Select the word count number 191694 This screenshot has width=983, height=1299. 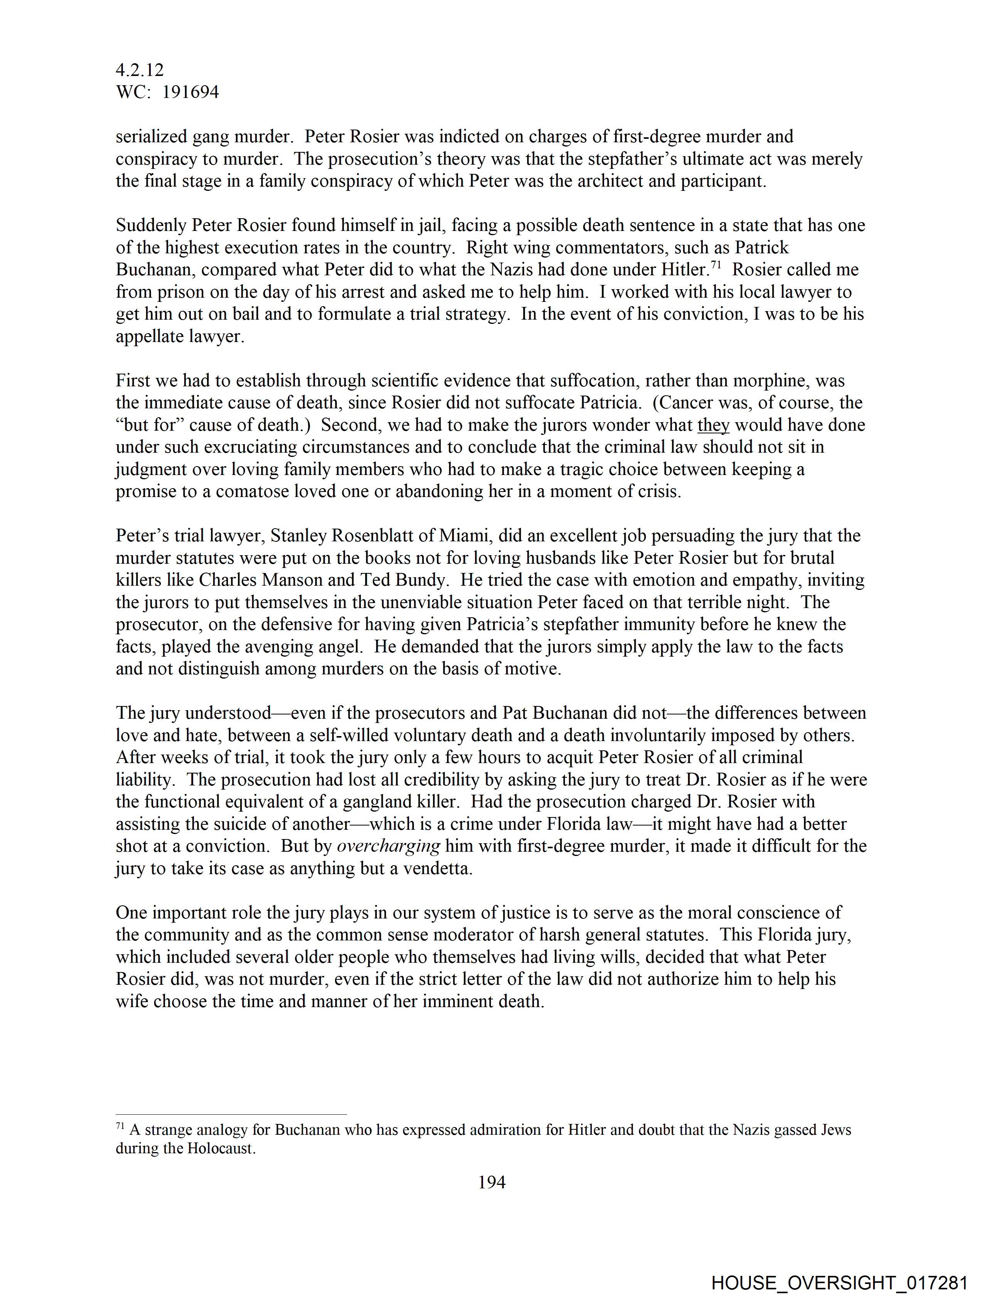[190, 92]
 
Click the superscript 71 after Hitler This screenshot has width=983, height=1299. [716, 265]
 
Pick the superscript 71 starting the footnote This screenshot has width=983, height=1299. [120, 1126]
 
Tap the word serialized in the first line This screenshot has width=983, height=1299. [151, 137]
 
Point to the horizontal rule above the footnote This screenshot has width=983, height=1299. [231, 1114]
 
